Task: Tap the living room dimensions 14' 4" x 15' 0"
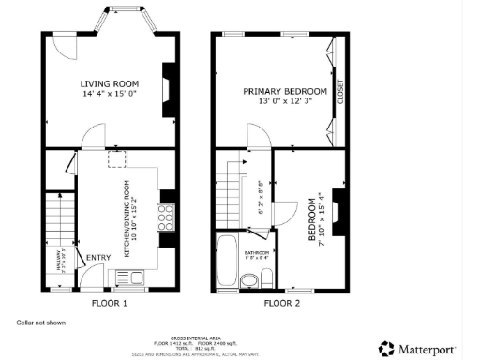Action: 109,94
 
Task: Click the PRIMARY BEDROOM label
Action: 285,91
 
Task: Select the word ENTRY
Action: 97,258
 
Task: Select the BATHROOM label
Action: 257,253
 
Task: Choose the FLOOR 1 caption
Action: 109,304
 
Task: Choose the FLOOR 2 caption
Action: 282,304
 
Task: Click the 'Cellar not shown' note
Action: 41,322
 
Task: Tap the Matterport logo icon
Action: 385,347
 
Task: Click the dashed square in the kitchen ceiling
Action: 118,159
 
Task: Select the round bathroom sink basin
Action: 248,279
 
